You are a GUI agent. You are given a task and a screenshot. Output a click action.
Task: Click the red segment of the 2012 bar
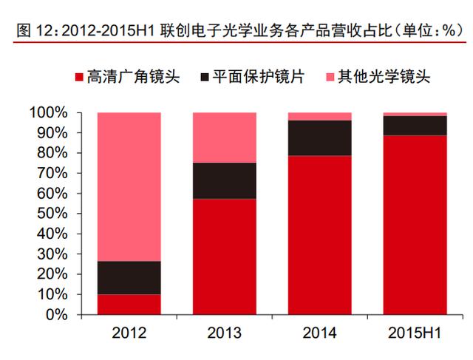coord(129,304)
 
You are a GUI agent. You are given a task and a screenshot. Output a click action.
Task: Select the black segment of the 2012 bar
coord(129,278)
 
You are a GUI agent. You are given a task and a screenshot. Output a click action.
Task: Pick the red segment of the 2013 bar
coord(224,256)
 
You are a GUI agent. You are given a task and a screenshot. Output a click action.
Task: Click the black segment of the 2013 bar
coord(224,180)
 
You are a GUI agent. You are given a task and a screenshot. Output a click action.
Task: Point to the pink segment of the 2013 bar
coord(224,137)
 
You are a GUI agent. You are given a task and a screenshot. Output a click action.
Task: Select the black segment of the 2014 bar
coord(319,137)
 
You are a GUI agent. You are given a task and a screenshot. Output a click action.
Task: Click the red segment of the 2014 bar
coord(319,234)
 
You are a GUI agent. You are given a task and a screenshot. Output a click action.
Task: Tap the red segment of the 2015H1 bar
coord(415,225)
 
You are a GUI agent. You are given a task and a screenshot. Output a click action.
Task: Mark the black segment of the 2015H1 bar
coord(415,125)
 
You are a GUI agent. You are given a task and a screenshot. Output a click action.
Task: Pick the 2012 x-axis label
coord(129,333)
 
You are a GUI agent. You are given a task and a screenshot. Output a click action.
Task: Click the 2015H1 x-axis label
coord(415,333)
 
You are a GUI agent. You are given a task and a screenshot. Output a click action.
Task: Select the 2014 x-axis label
coord(319,333)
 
